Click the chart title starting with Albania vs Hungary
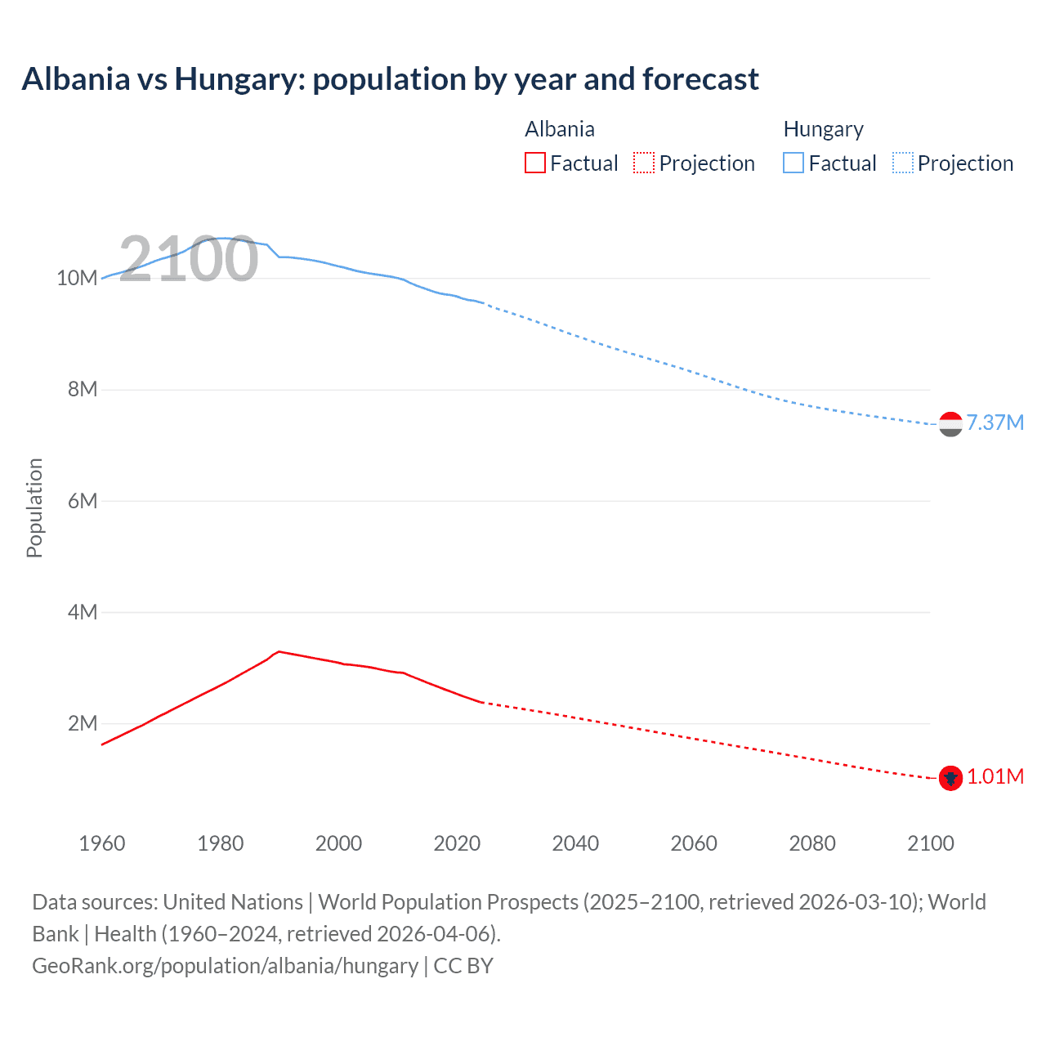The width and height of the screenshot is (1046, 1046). [x=390, y=79]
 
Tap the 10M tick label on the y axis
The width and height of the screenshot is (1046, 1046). [x=77, y=278]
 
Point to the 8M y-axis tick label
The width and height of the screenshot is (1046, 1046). [x=83, y=389]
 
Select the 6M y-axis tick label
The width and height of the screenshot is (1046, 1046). [x=83, y=501]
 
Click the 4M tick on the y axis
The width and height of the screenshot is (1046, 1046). [x=83, y=612]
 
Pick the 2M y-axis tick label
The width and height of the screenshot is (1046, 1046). [x=83, y=723]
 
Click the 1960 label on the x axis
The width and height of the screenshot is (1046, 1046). [x=102, y=843]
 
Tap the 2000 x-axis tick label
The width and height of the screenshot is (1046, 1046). [x=338, y=843]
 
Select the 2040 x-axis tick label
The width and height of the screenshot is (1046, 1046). [x=575, y=843]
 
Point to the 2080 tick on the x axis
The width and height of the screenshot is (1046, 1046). [x=812, y=843]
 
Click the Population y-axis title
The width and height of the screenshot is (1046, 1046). [x=34, y=507]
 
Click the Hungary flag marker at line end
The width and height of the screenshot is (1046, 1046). [x=950, y=424]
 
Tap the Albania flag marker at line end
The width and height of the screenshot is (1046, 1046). [x=950, y=778]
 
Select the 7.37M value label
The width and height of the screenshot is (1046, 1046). [x=995, y=422]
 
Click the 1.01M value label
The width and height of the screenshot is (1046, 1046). [x=995, y=776]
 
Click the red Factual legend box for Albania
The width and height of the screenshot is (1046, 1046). [x=535, y=163]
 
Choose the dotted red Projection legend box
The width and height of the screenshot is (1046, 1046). [x=644, y=163]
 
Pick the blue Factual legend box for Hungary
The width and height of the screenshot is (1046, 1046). [x=793, y=163]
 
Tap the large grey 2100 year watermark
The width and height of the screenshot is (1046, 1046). [x=189, y=259]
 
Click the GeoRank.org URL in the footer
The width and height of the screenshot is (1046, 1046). [x=225, y=966]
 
